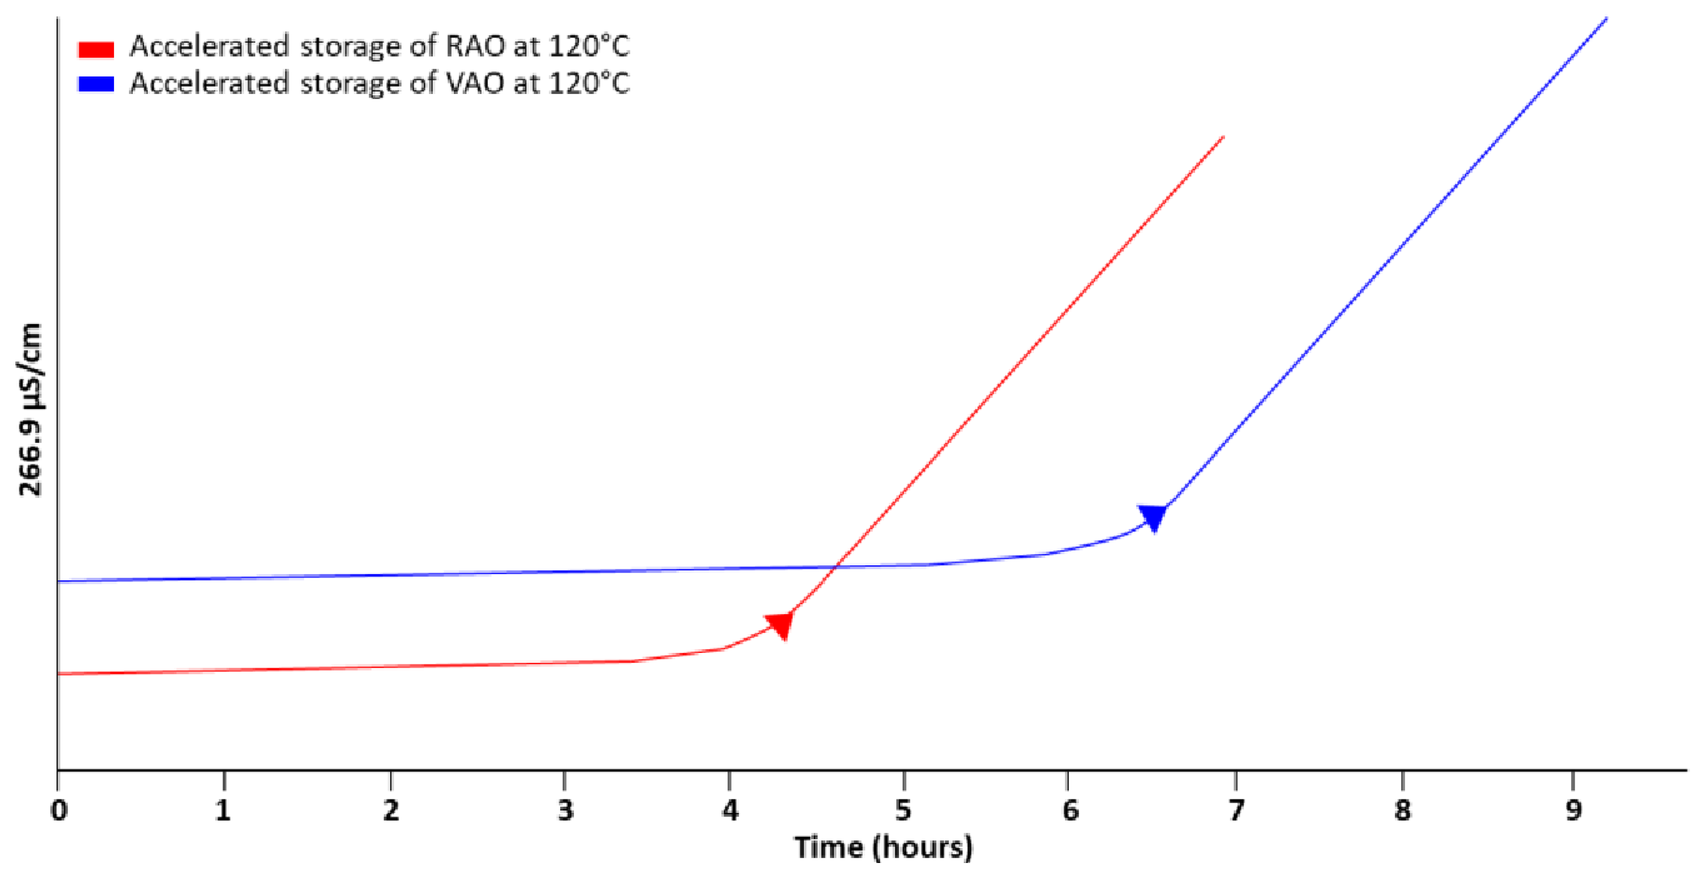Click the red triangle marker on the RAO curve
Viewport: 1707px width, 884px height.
[x=780, y=624]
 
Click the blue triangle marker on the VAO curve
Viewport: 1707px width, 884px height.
[x=1153, y=517]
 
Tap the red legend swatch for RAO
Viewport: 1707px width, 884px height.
[x=96, y=49]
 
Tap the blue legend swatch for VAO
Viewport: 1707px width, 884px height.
[x=96, y=84]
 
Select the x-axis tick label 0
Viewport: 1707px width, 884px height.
[x=59, y=810]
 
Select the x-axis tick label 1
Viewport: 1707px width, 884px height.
[x=223, y=810]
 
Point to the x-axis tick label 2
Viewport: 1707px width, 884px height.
[x=391, y=810]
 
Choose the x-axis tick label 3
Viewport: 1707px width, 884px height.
[x=564, y=810]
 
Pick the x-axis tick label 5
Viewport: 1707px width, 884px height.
[x=903, y=810]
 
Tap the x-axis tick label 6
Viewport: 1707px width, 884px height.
[x=1070, y=810]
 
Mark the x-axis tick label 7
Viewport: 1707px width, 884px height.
[x=1236, y=810]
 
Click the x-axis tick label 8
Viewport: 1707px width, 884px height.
[x=1402, y=810]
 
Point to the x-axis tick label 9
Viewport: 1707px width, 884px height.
[x=1573, y=810]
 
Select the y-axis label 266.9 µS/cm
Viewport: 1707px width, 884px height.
[x=30, y=410]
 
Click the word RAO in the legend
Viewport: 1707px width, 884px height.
[x=475, y=46]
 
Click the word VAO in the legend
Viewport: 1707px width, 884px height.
[x=475, y=84]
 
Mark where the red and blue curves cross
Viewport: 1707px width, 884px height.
[x=835, y=567]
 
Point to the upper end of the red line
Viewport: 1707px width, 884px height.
[x=1222, y=137]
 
